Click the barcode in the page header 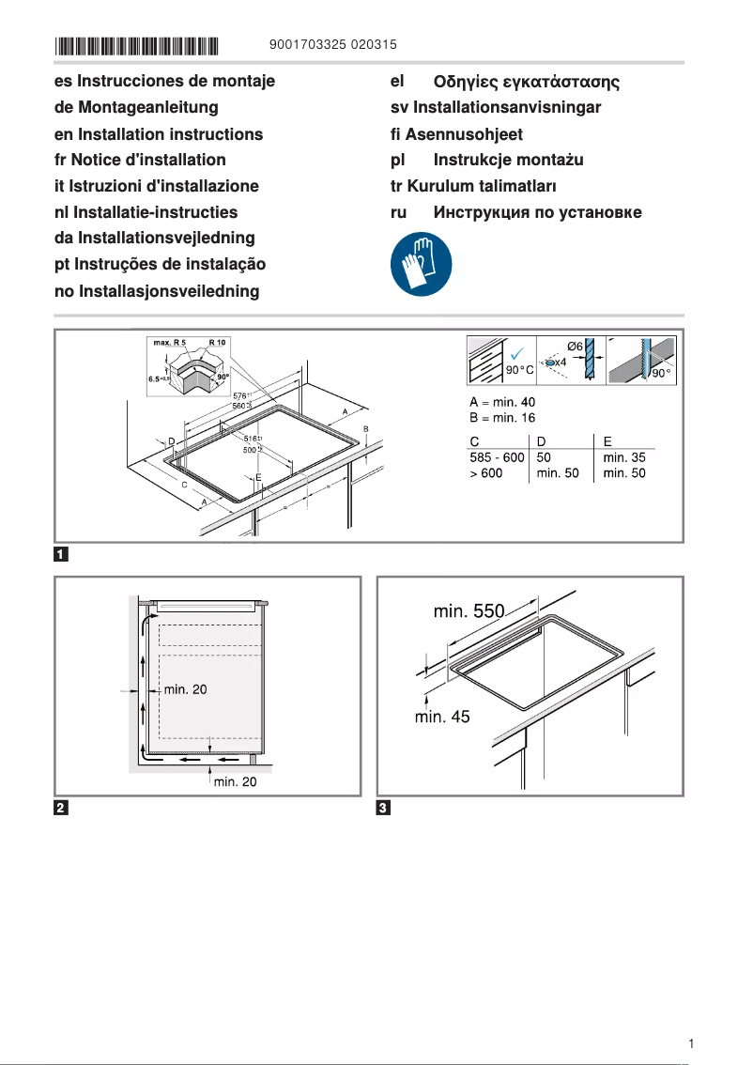(136, 45)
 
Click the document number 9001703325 (307, 45)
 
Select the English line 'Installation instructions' (159, 134)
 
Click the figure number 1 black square (60, 553)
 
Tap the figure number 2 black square (60, 808)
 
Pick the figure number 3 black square (383, 808)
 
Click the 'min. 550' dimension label (469, 612)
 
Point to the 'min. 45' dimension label (442, 717)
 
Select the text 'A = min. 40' (502, 403)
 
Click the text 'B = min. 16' (502, 418)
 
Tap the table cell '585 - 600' (497, 458)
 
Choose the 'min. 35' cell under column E (624, 458)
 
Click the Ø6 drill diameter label (576, 347)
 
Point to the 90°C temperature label (519, 370)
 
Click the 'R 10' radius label (217, 343)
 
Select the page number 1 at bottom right (690, 1043)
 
